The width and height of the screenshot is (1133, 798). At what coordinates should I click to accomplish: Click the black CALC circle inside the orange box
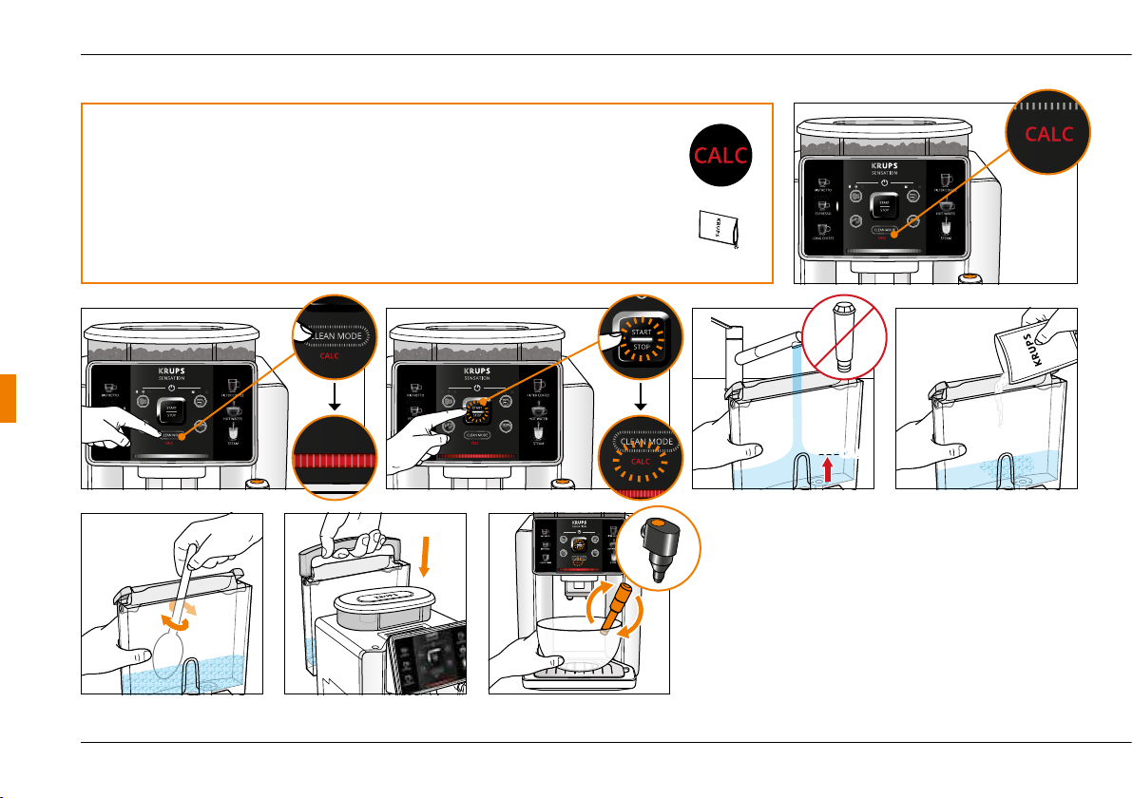(x=720, y=155)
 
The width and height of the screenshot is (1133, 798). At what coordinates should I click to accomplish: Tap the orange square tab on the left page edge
(x=7, y=398)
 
